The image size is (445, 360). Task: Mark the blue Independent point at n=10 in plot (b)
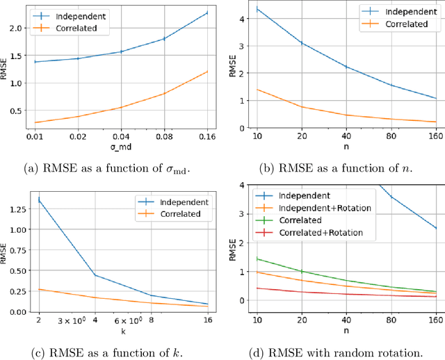coord(258,9)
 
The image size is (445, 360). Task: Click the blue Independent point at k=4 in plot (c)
coord(95,275)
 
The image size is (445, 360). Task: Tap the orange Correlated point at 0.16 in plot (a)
coord(207,72)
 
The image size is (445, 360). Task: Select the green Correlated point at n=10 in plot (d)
coord(258,259)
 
